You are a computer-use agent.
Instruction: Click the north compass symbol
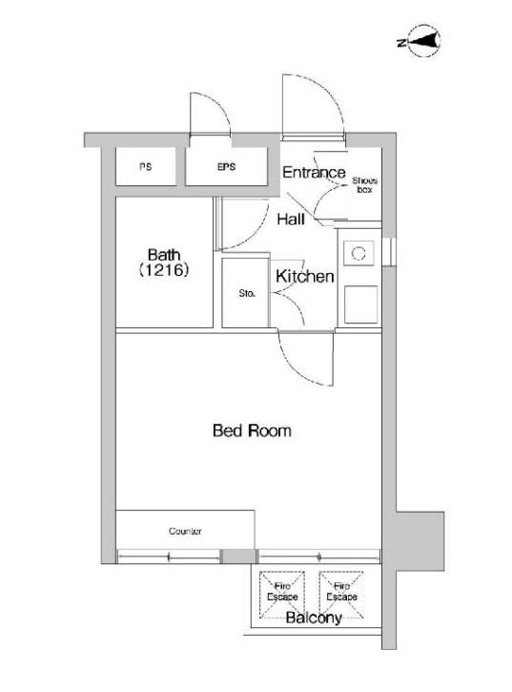coord(423,41)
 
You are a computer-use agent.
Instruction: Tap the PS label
coord(145,167)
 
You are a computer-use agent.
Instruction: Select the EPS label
coord(226,167)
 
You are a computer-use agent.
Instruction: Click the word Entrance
coord(314,172)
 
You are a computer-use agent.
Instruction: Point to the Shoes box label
coord(365,185)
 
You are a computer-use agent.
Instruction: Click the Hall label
coord(291,219)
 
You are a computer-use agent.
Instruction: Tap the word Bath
coord(164,255)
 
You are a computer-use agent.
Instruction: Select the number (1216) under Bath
coord(164,270)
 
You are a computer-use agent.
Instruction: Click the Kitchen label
coord(305,276)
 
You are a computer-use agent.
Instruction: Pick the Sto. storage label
coord(247,293)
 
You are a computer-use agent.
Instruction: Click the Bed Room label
coord(252,430)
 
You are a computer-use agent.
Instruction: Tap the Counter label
coord(185,531)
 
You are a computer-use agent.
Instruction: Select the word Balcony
coord(314,618)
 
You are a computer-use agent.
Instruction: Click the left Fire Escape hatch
coord(282,595)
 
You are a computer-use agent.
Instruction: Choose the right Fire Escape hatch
coord(341,595)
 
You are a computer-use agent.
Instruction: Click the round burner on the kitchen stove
coord(358,253)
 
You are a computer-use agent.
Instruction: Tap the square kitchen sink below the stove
coord(360,304)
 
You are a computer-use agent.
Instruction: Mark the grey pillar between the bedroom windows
coord(237,556)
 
